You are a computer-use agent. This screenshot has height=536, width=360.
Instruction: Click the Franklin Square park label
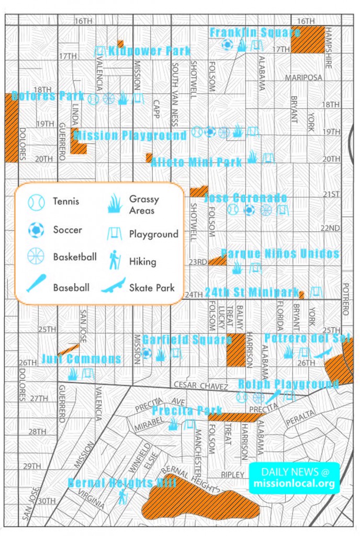(255, 32)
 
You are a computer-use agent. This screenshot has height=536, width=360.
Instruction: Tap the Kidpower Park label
(150, 51)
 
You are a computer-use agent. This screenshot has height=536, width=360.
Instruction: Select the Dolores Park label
(48, 96)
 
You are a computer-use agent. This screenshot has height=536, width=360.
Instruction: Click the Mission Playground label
(130, 136)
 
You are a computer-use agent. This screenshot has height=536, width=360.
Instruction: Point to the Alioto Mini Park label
(196, 162)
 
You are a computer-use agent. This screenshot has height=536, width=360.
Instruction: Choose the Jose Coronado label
(245, 198)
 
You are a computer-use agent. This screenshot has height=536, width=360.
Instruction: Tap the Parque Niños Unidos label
(280, 254)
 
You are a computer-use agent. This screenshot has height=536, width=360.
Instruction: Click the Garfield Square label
(187, 340)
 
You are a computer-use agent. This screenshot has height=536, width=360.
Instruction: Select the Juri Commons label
(81, 359)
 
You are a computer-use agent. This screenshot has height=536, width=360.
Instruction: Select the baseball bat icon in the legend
(36, 283)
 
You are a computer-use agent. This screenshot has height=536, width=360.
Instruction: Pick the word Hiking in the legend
(142, 262)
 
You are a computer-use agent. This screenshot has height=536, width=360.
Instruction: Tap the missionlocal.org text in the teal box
(294, 484)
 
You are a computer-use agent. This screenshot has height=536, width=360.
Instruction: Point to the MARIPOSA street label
(303, 77)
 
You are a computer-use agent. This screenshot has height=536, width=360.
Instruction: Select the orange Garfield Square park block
(235, 349)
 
